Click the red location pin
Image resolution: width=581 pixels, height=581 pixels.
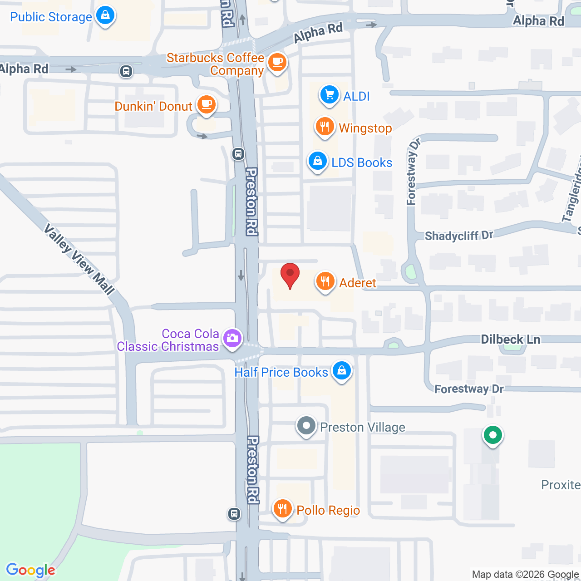point(290,274)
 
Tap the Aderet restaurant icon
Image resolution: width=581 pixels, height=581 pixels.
point(325,281)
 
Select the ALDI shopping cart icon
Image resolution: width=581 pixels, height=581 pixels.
point(330,95)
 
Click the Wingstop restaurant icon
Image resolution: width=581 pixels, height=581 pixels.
point(325,127)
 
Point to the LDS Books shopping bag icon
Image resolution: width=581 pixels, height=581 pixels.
point(318,161)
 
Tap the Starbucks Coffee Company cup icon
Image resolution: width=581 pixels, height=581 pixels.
point(277,62)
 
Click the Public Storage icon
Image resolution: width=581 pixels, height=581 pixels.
point(105,15)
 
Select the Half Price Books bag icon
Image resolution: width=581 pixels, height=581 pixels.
point(342,371)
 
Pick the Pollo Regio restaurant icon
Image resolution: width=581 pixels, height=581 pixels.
point(282,508)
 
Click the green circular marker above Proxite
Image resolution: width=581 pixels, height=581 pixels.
point(492,435)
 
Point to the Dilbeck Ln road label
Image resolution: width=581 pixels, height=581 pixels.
point(511,340)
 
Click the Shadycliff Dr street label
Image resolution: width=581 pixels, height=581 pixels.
point(458,236)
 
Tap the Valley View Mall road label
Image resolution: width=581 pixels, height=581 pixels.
point(79,259)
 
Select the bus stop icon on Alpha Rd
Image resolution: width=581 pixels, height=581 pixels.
point(126,71)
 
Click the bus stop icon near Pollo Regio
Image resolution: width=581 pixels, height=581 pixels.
point(234,514)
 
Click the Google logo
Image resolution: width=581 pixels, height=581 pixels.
point(31,570)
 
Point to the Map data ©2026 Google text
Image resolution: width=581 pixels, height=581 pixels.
point(525,575)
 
